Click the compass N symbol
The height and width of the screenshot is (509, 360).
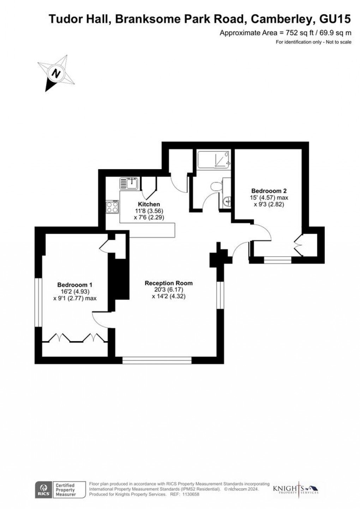55,73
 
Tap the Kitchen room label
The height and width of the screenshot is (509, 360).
149,204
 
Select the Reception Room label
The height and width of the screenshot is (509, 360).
169,283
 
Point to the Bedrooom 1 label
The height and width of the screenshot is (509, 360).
75,285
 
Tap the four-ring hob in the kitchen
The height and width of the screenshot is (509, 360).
112,207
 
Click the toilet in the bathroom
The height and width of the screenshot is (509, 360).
216,186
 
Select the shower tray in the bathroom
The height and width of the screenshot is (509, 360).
214,159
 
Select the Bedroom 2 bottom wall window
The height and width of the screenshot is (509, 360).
278,260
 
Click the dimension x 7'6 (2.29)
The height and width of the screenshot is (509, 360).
149,218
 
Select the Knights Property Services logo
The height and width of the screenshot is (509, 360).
296,490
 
